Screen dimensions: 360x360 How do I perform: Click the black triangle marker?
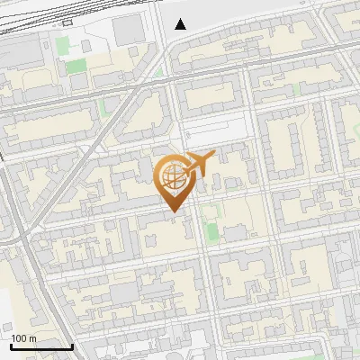click(x=181, y=24)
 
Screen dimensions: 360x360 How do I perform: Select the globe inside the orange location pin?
click(x=170, y=175)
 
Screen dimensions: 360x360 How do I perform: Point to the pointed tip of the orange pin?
click(x=172, y=212)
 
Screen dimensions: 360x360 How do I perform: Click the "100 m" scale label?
click(x=23, y=338)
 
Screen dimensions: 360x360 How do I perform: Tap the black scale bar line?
click(x=41, y=346)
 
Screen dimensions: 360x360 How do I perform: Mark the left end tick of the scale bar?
click(x=11, y=345)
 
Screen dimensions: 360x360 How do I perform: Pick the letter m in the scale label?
click(x=32, y=338)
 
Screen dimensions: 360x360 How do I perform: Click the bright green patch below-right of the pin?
click(x=211, y=232)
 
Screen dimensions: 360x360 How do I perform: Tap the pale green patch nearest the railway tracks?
click(x=63, y=43)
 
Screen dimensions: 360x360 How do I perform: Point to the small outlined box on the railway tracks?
click(x=68, y=22)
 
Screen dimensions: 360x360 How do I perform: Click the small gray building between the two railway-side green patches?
click(x=85, y=46)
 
